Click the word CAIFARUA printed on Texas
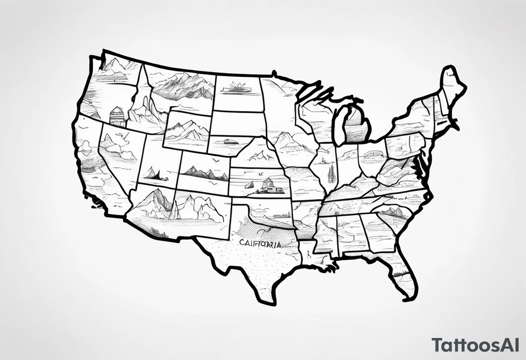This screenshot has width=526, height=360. pos(260,244)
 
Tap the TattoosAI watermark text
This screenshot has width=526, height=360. pos(477,345)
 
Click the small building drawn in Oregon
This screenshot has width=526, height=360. pos(117,116)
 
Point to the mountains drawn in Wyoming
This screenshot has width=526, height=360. pos(187,129)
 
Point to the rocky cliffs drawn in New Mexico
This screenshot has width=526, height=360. pos(203,208)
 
